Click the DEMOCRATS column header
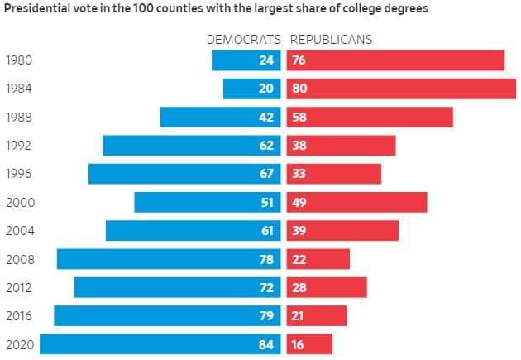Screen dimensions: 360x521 243,39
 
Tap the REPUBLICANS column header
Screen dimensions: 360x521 331,39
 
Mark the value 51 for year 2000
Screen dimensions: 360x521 266,202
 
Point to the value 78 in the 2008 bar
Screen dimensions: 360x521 266,259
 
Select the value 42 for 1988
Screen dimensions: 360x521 266,117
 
